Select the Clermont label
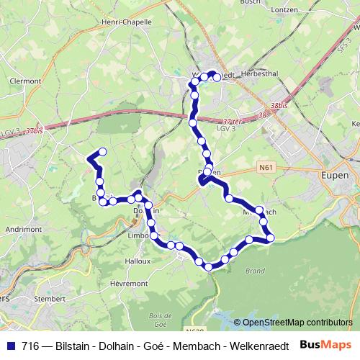(25, 81)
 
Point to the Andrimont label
(22, 229)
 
